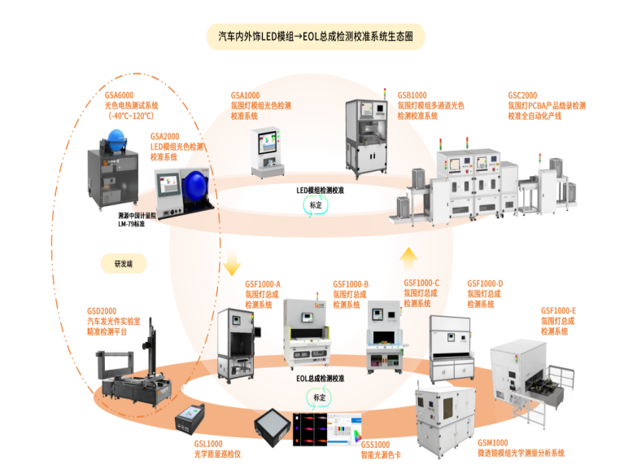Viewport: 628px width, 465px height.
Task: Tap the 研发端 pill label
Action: coord(120,262)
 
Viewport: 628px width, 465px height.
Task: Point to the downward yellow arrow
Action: coord(231,262)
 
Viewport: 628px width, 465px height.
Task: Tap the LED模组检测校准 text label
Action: coord(319,190)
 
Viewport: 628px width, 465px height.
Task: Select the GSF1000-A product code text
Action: coord(263,284)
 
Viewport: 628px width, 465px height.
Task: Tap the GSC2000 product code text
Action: coord(521,94)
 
